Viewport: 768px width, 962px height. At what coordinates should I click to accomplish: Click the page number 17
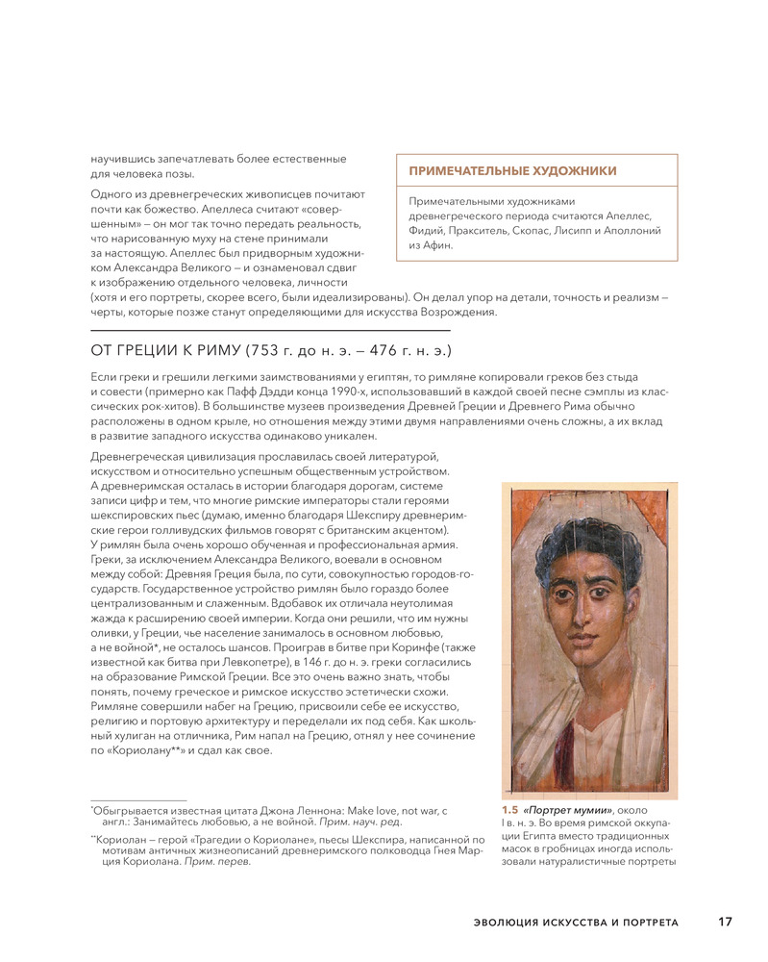[x=725, y=923]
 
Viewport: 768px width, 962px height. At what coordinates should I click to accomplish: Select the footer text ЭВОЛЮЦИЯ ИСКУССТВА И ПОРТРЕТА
[x=576, y=924]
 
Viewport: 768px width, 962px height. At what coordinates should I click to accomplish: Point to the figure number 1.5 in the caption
[x=509, y=811]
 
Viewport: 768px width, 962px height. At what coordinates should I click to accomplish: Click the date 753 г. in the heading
[x=271, y=350]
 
